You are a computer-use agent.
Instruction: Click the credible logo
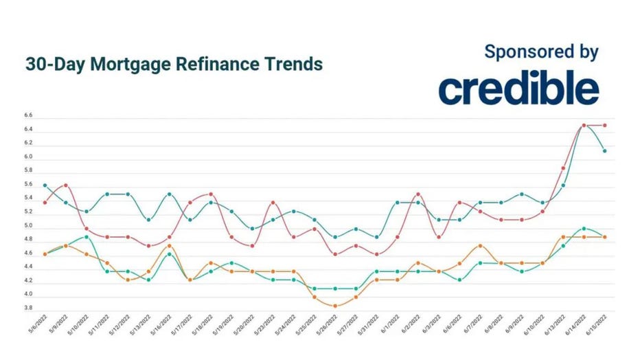518,89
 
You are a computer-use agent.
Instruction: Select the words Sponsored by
541,52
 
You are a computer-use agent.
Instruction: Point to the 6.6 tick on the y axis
27,116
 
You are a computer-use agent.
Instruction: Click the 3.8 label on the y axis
27,308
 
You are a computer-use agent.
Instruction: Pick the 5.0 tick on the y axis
27,226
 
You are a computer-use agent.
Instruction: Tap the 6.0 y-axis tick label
27,157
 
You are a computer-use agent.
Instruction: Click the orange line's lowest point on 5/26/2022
335,306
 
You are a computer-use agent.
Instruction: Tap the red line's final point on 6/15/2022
604,125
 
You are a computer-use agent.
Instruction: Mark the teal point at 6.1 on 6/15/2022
604,151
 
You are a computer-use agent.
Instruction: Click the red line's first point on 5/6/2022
45,203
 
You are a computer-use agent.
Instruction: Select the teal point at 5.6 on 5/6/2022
45,185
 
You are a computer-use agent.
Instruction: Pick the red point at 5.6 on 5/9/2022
65,185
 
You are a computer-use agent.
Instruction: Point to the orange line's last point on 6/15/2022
604,237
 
